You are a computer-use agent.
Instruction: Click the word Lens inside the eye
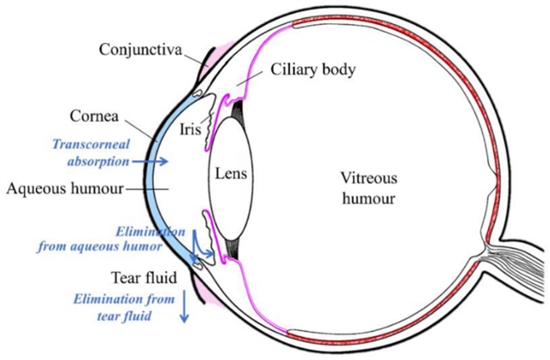point(232,173)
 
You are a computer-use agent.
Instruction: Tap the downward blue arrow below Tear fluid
point(183,307)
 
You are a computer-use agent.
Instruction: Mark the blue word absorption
point(97,160)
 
